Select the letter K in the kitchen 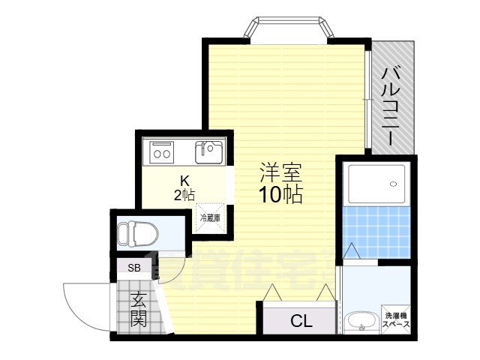pos(184,181)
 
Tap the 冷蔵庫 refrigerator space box pos(210,218)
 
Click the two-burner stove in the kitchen pos(161,152)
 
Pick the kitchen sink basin pos(207,152)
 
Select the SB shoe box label pos(133,268)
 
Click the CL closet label pos(301,322)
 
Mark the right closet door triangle pos(325,293)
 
